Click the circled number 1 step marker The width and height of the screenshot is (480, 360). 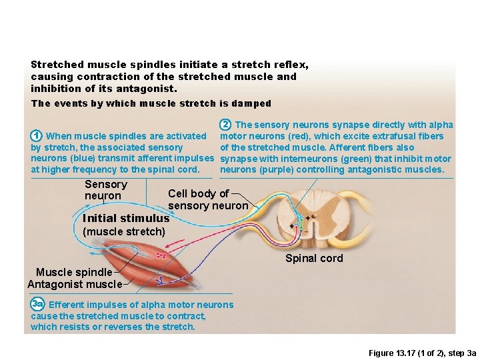coord(37,136)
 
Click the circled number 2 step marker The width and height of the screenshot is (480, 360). coord(226,125)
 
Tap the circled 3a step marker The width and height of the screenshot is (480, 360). coord(37,305)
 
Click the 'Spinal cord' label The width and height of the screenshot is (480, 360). coord(314,259)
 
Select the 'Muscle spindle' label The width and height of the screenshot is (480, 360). coord(74,272)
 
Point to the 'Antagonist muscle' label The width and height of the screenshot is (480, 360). coord(75,285)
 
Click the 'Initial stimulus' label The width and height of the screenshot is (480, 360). coord(125,218)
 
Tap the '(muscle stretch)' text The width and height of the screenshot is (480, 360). coord(123,231)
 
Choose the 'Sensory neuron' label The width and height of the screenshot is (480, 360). coord(105,190)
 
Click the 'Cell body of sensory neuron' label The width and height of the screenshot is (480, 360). coord(207,199)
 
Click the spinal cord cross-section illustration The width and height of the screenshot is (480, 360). coord(308,219)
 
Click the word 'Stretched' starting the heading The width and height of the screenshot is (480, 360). coord(57,65)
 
